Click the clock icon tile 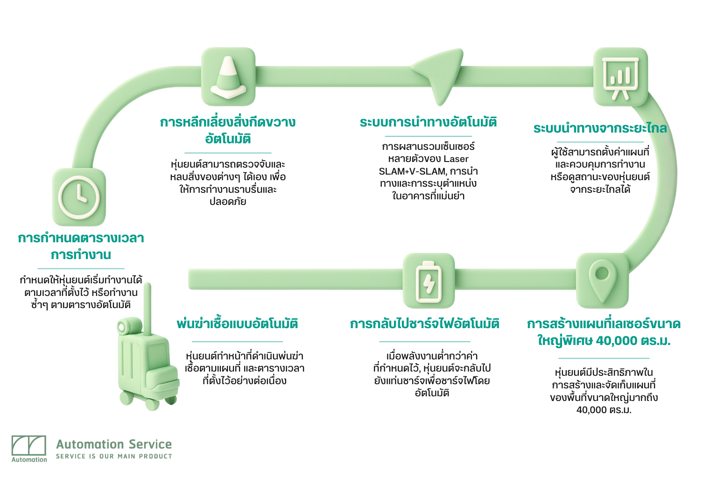point(79,197)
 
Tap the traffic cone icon point(228,77)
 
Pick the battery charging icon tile point(429,281)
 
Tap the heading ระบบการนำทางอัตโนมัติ point(428,122)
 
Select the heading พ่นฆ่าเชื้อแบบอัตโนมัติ point(237,324)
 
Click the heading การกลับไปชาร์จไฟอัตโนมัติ point(425,324)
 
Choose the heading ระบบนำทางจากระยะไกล point(600,128)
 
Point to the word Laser point(456,159)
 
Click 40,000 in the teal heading point(616,341)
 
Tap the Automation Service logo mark point(29,446)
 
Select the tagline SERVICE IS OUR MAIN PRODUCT point(114,457)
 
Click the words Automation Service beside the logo point(114,444)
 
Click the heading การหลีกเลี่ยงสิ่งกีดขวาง point(228,122)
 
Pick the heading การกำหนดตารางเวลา point(81,238)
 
